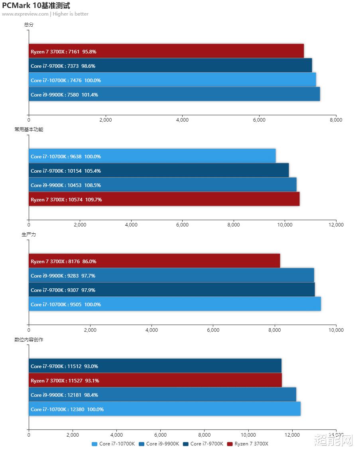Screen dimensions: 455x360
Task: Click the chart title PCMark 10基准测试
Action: point(36,6)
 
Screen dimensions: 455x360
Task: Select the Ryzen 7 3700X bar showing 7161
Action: point(166,51)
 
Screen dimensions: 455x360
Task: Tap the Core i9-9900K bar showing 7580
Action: point(174,94)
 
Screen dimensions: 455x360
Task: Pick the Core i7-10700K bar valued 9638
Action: point(152,156)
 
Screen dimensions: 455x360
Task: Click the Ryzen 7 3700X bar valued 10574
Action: point(164,199)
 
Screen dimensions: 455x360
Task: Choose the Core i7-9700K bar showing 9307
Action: point(171,290)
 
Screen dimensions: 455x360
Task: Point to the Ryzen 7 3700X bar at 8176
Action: point(154,261)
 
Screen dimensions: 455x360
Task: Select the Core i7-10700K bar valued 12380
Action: point(164,409)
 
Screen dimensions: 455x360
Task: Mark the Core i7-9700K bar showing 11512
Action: point(155,366)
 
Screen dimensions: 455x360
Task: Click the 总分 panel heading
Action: point(29,25)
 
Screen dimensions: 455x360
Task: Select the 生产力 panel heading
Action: point(29,234)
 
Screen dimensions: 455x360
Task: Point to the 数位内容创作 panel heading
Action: point(29,340)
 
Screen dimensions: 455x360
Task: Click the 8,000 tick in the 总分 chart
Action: point(336,120)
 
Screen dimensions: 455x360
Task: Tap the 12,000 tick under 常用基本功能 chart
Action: point(336,225)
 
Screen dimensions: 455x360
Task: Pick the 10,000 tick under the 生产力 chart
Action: point(336,330)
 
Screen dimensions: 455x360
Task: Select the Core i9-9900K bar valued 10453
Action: point(162,185)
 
